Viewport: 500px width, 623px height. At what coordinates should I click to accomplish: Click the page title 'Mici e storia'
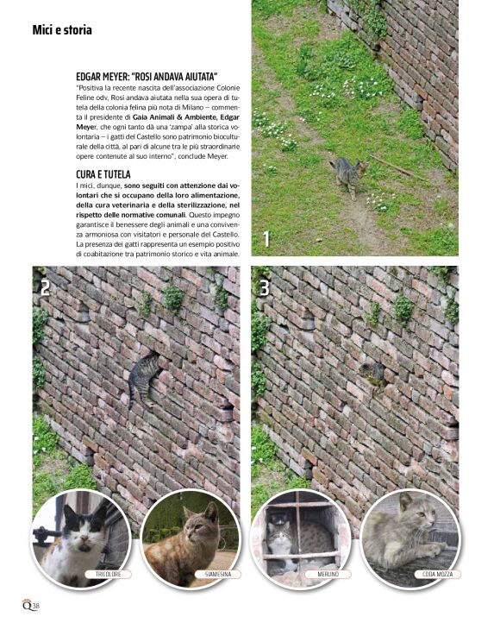click(x=62, y=30)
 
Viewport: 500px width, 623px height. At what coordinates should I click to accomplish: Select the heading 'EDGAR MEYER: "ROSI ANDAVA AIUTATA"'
click(x=147, y=77)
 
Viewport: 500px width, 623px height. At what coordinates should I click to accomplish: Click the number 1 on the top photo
click(x=267, y=239)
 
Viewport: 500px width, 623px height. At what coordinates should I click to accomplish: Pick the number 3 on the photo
click(x=265, y=288)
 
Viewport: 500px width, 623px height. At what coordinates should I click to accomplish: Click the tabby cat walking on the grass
click(x=348, y=175)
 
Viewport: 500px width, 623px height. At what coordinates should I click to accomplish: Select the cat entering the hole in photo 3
click(x=373, y=373)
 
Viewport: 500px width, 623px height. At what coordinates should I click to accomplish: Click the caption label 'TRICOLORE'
click(x=102, y=574)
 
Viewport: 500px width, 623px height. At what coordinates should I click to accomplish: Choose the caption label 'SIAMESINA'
click(x=212, y=574)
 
